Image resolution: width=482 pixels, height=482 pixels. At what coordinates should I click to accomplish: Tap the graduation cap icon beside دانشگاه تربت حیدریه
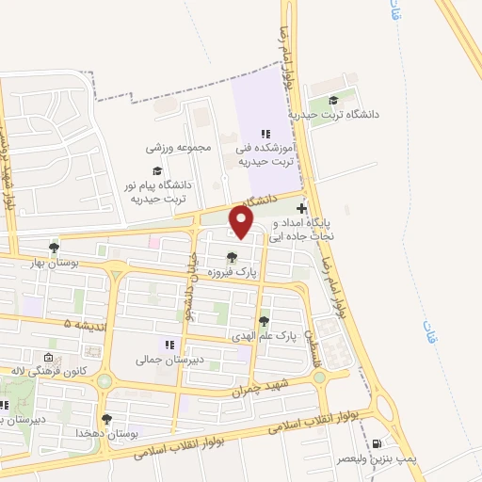tap(333, 101)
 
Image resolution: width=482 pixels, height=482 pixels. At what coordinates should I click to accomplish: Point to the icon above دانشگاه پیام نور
tap(156, 171)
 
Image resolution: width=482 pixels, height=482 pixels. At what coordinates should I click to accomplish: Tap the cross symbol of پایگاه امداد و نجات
tap(301, 208)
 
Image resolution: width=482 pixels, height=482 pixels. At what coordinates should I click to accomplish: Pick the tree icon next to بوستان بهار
tap(55, 249)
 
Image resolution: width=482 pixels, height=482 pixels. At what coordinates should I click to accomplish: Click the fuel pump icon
tap(378, 444)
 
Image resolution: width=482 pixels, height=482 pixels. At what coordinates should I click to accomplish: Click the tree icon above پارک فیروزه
tap(233, 257)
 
